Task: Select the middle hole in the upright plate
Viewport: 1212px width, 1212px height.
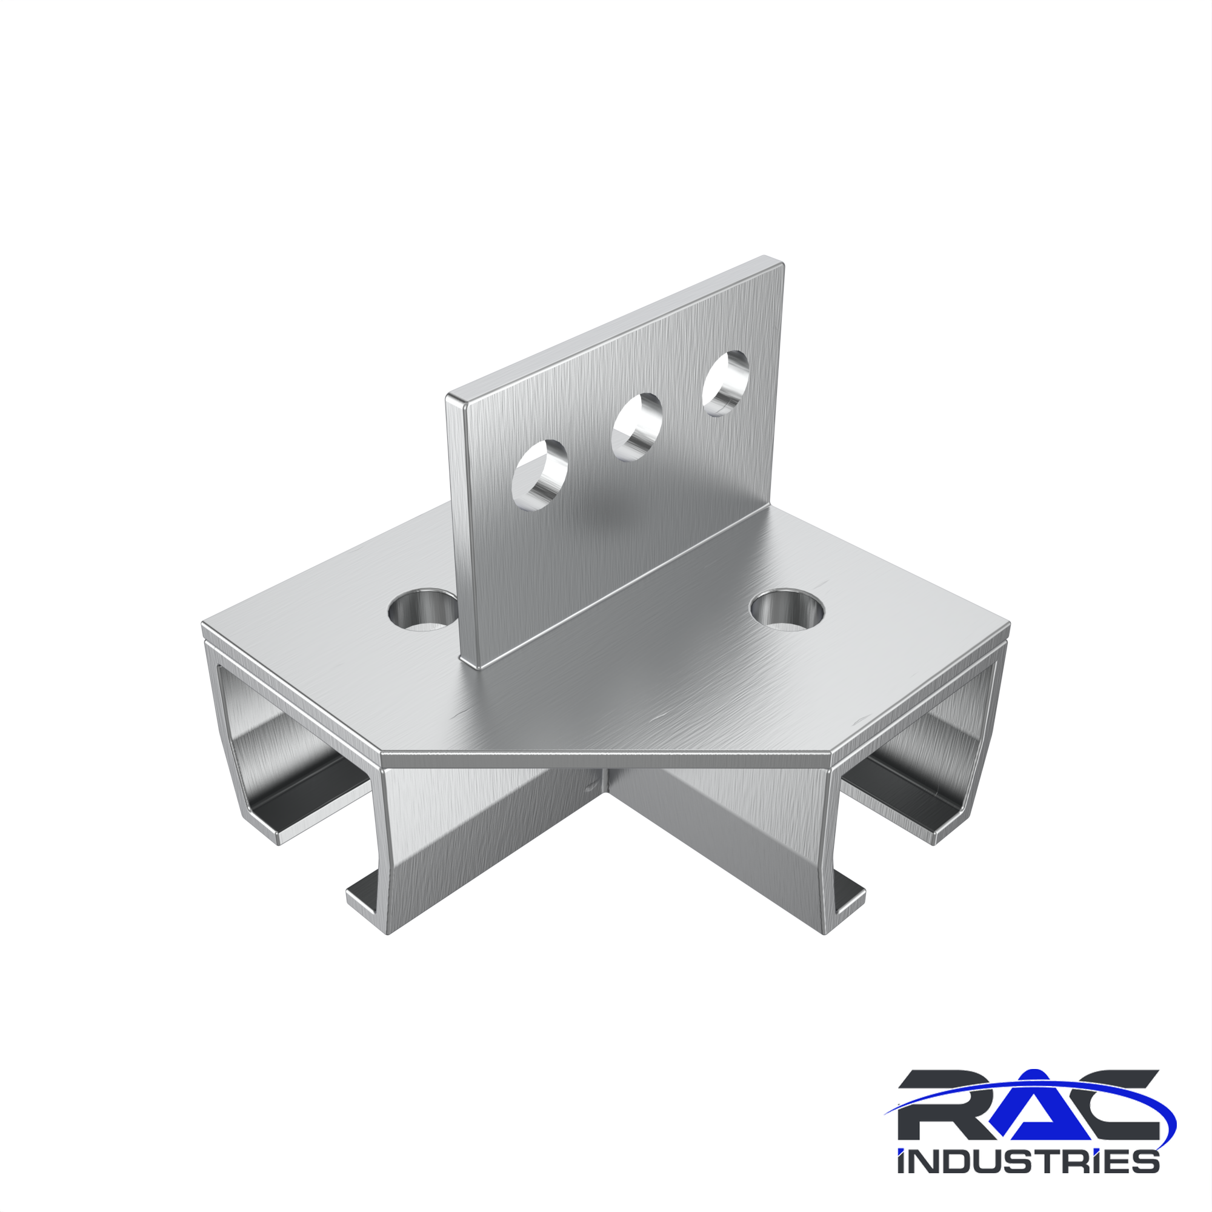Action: (638, 427)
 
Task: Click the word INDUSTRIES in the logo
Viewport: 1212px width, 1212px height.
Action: (1028, 1160)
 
